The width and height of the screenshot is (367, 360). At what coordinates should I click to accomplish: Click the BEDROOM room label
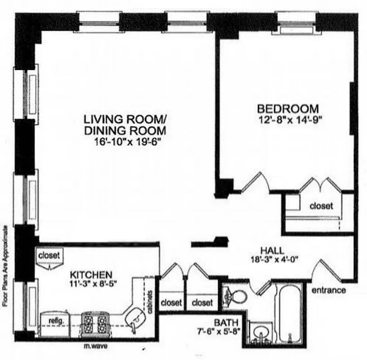tap(288, 109)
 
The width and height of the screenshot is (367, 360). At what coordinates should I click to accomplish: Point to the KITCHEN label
tap(90, 274)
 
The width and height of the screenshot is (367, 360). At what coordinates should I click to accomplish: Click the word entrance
tap(329, 290)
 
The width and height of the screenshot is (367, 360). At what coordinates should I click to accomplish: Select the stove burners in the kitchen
tap(94, 322)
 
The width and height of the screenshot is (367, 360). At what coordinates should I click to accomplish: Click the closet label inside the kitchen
tap(48, 255)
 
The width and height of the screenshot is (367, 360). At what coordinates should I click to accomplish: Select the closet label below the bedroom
tap(321, 206)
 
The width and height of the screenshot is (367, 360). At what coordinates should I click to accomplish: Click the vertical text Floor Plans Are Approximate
tap(6, 265)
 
